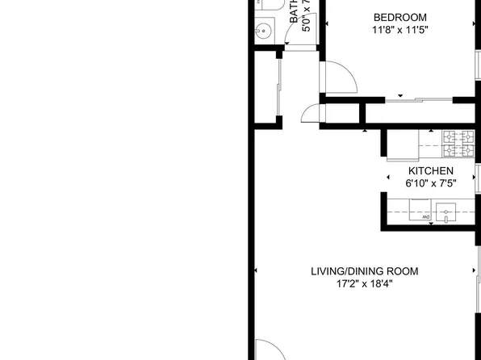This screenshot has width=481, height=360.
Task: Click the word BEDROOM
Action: tap(399, 17)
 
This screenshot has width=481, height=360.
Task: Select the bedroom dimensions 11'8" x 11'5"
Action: tap(399, 31)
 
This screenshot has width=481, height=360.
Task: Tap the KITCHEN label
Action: tap(430, 171)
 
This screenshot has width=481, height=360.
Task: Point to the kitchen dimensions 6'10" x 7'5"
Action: tap(430, 184)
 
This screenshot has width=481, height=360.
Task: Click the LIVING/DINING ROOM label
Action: tap(365, 271)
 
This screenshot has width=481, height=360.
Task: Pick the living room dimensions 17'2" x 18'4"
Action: tap(365, 284)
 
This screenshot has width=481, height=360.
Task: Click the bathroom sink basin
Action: tap(263, 31)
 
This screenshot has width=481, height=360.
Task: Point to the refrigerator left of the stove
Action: tap(401, 144)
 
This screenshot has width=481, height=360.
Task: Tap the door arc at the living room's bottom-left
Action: tap(270, 349)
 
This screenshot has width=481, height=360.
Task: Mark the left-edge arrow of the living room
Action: tap(256, 270)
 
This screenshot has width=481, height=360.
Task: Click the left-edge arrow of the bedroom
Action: tap(328, 24)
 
